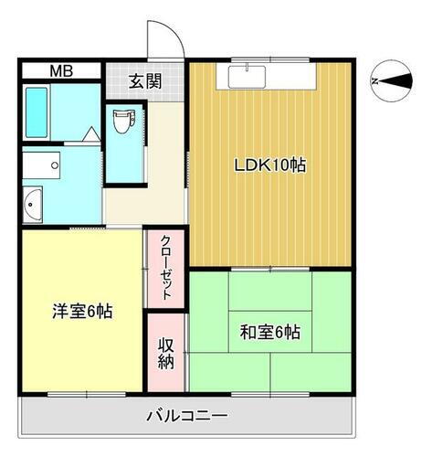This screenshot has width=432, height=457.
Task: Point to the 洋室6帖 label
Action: (81, 311)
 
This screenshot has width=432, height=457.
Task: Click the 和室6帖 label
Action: (269, 332)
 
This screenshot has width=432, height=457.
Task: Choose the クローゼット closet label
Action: (166, 268)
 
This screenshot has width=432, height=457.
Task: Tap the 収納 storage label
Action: (166, 352)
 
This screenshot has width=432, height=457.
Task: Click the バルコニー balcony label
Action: (187, 417)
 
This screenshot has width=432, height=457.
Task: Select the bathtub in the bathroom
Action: (37, 114)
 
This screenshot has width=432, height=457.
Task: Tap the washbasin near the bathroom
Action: (33, 203)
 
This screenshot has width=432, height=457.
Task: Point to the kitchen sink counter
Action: (266, 77)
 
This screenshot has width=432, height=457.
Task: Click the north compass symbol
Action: (395, 81)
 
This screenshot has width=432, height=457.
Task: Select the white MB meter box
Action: (61, 71)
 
